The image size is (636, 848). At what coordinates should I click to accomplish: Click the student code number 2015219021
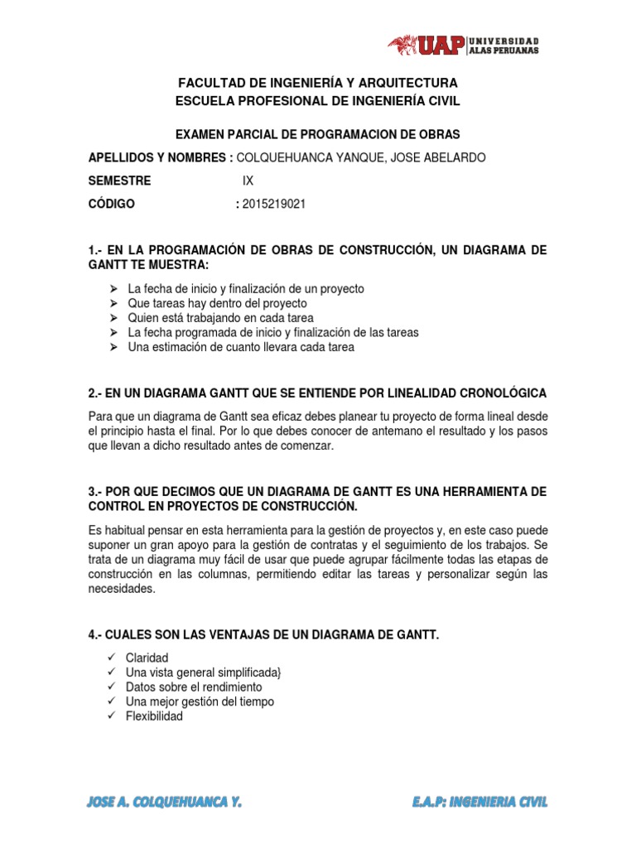click(273, 205)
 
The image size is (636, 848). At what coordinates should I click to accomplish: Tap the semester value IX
click(248, 181)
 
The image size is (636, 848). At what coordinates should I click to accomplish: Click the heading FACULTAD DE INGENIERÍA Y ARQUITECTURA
click(318, 84)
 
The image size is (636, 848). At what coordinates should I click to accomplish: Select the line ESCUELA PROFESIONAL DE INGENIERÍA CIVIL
click(318, 101)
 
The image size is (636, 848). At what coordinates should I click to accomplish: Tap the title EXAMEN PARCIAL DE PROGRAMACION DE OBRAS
click(318, 134)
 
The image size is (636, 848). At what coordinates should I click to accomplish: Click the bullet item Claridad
click(147, 658)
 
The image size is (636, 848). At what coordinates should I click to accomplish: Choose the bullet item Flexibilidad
click(154, 717)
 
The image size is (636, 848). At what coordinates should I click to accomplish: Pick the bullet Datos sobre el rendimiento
click(194, 687)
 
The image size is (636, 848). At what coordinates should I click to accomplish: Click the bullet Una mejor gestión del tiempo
click(200, 702)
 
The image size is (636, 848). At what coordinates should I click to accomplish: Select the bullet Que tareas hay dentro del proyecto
click(217, 303)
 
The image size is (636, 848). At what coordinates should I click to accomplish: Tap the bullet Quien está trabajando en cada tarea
click(221, 318)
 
